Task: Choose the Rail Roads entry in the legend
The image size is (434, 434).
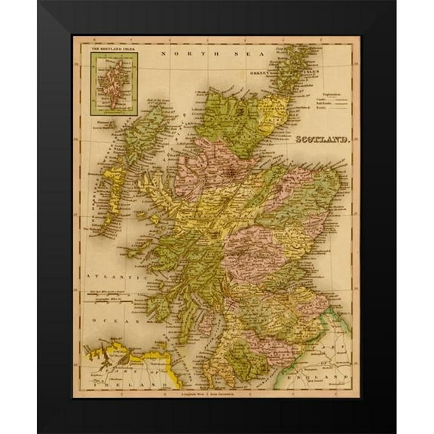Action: (x=323, y=110)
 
